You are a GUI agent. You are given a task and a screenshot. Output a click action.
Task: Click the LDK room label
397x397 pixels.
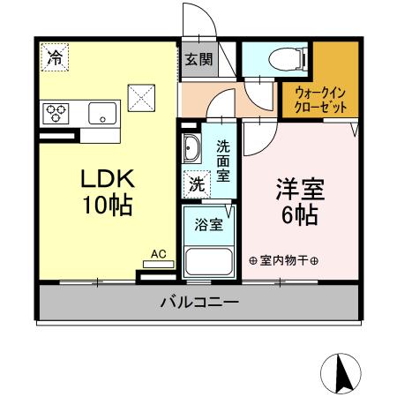point(107,179)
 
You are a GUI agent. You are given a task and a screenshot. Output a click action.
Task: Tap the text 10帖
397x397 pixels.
point(107,206)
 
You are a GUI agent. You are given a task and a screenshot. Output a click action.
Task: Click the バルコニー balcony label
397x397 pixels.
point(198,303)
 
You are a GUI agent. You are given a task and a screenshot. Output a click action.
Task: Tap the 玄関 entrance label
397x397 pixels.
point(198,60)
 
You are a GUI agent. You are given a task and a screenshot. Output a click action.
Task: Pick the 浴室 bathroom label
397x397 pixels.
point(208,224)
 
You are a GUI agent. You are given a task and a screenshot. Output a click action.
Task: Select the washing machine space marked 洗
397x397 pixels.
point(197,184)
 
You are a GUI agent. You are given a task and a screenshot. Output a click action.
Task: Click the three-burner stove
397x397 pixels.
point(57,113)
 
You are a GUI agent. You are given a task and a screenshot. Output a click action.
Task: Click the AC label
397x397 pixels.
point(159,254)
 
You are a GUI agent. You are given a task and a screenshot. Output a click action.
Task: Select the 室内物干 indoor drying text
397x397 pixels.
point(283,260)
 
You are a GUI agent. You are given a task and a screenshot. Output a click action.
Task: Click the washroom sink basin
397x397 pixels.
point(191,148)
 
